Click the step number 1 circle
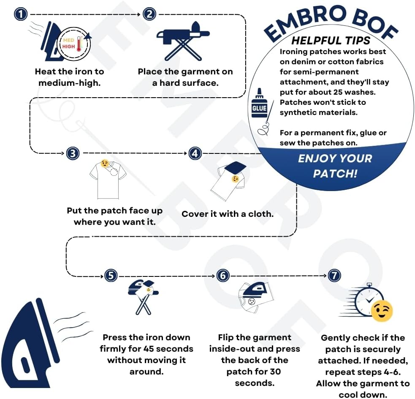21,14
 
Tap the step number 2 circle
149,14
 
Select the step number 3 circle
73,153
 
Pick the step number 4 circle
195,153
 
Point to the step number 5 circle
111,276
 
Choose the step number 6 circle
223,276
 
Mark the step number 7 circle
334,276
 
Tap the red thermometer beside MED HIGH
79,44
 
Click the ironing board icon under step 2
183,41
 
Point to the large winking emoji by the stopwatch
382,311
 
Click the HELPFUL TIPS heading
331,41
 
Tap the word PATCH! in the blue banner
335,174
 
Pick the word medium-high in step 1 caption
69,83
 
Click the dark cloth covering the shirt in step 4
235,167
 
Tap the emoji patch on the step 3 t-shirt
105,164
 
